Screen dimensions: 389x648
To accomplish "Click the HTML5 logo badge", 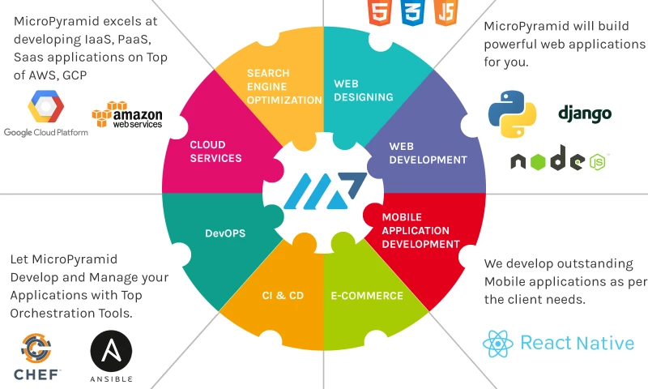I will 377,11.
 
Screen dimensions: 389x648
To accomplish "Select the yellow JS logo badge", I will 446,11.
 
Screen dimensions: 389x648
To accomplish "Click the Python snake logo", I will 513,113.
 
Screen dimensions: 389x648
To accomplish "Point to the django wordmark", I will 585,113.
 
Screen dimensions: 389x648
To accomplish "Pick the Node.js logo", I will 559,160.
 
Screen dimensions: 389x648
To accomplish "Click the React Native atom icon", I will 497,344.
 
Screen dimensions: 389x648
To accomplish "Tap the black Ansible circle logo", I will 111,353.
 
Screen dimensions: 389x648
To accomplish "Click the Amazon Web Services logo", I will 127,115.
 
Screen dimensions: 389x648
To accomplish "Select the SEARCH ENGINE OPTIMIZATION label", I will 284,86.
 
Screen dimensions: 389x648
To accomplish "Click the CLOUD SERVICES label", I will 215,152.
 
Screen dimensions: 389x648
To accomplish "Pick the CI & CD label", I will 283,296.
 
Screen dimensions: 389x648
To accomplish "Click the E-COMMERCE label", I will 366,296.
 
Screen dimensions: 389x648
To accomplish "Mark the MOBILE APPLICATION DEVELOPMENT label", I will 420,231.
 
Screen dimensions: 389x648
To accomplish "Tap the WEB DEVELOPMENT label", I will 428,153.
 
